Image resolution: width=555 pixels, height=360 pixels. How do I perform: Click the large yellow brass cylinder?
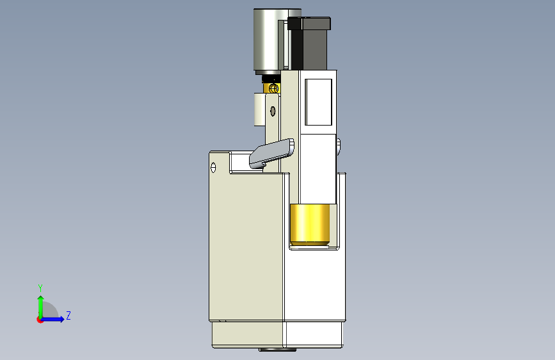tap(310, 225)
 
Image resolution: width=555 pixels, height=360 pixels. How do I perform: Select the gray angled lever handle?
tap(271, 153)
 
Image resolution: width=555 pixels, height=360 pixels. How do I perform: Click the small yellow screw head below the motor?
tap(273, 88)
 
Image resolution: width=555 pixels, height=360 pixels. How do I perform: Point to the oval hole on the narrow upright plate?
tap(273, 111)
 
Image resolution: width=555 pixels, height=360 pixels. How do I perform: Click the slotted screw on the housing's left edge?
tap(213, 167)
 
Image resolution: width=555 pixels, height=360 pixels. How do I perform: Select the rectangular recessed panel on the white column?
tap(318, 102)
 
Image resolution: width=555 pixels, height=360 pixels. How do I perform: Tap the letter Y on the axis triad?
tap(40, 288)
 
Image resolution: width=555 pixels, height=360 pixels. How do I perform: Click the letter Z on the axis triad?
tap(68, 315)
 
